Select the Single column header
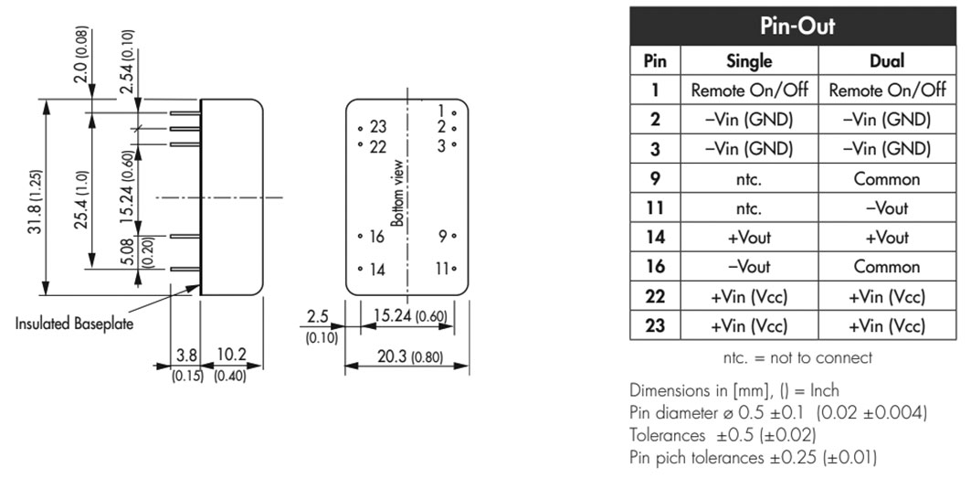coord(749,60)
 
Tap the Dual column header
coord(887,60)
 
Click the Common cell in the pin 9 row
coord(887,179)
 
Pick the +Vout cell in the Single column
coord(749,238)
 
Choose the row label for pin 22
coord(655,296)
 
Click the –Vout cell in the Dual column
coord(887,208)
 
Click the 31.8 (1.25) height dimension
coord(36,198)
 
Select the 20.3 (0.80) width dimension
coord(406,356)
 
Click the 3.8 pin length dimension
coord(186,355)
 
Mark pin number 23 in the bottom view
coord(378,127)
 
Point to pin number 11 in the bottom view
coord(441,269)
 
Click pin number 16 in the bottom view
coord(377,236)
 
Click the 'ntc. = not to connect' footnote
coord(797,357)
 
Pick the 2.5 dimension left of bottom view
coord(318,316)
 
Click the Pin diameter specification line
coord(777,413)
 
